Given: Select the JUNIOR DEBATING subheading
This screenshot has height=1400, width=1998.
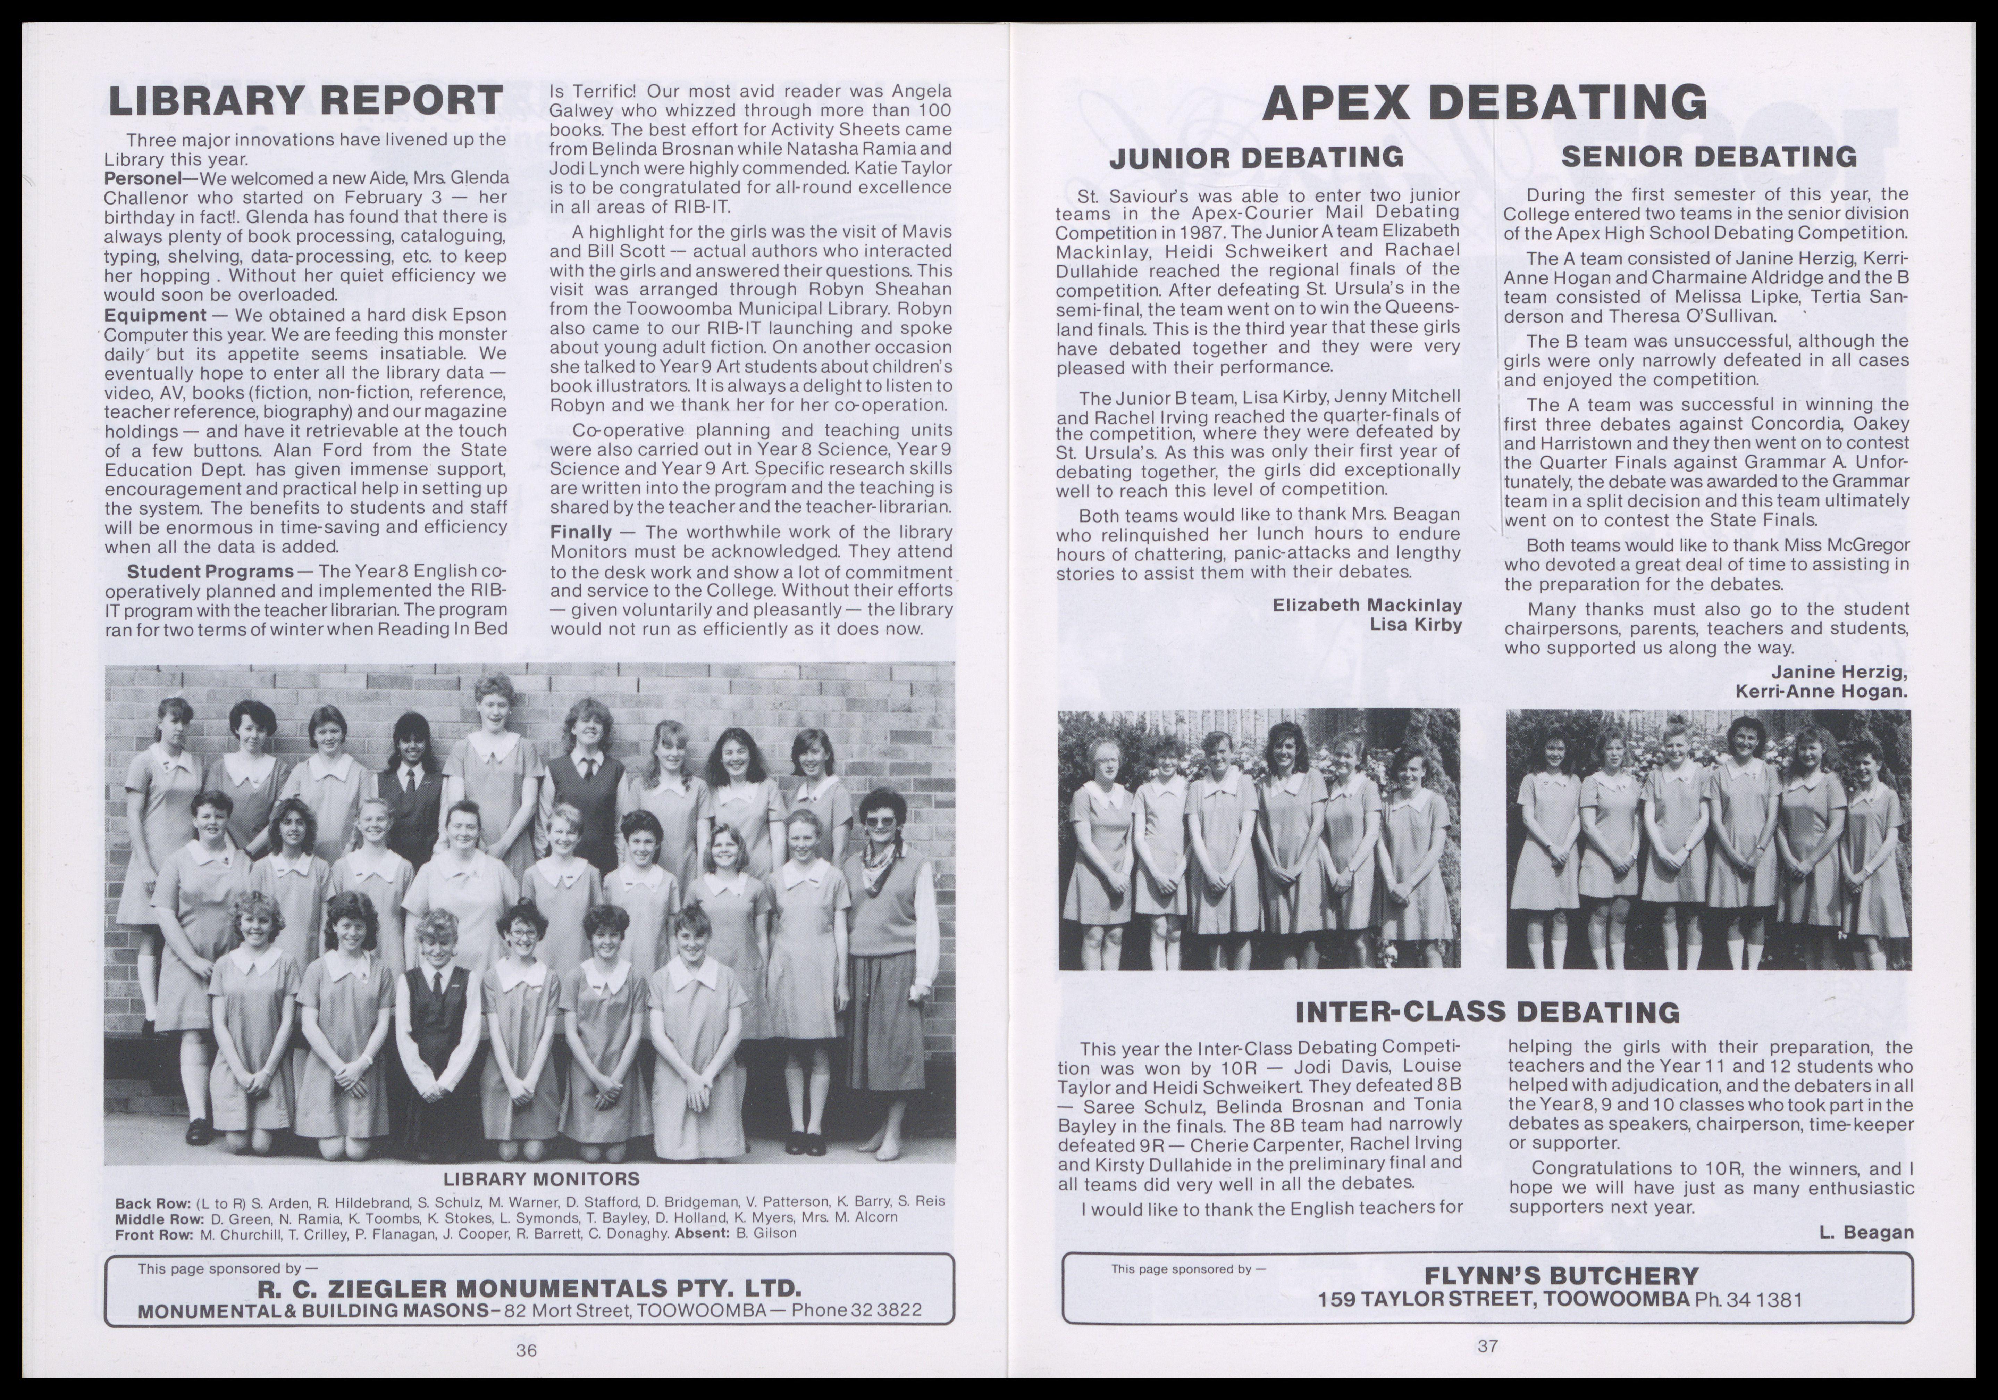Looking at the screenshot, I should coord(1256,157).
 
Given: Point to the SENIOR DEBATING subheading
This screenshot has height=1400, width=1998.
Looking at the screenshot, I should coord(1708,157).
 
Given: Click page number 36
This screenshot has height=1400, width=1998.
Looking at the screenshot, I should coord(527,1350).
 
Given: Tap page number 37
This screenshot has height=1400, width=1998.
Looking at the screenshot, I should coord(1487,1346).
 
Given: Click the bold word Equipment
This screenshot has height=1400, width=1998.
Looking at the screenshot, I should coord(155,315).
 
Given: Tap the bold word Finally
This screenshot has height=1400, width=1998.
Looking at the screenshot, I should coord(580,532).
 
